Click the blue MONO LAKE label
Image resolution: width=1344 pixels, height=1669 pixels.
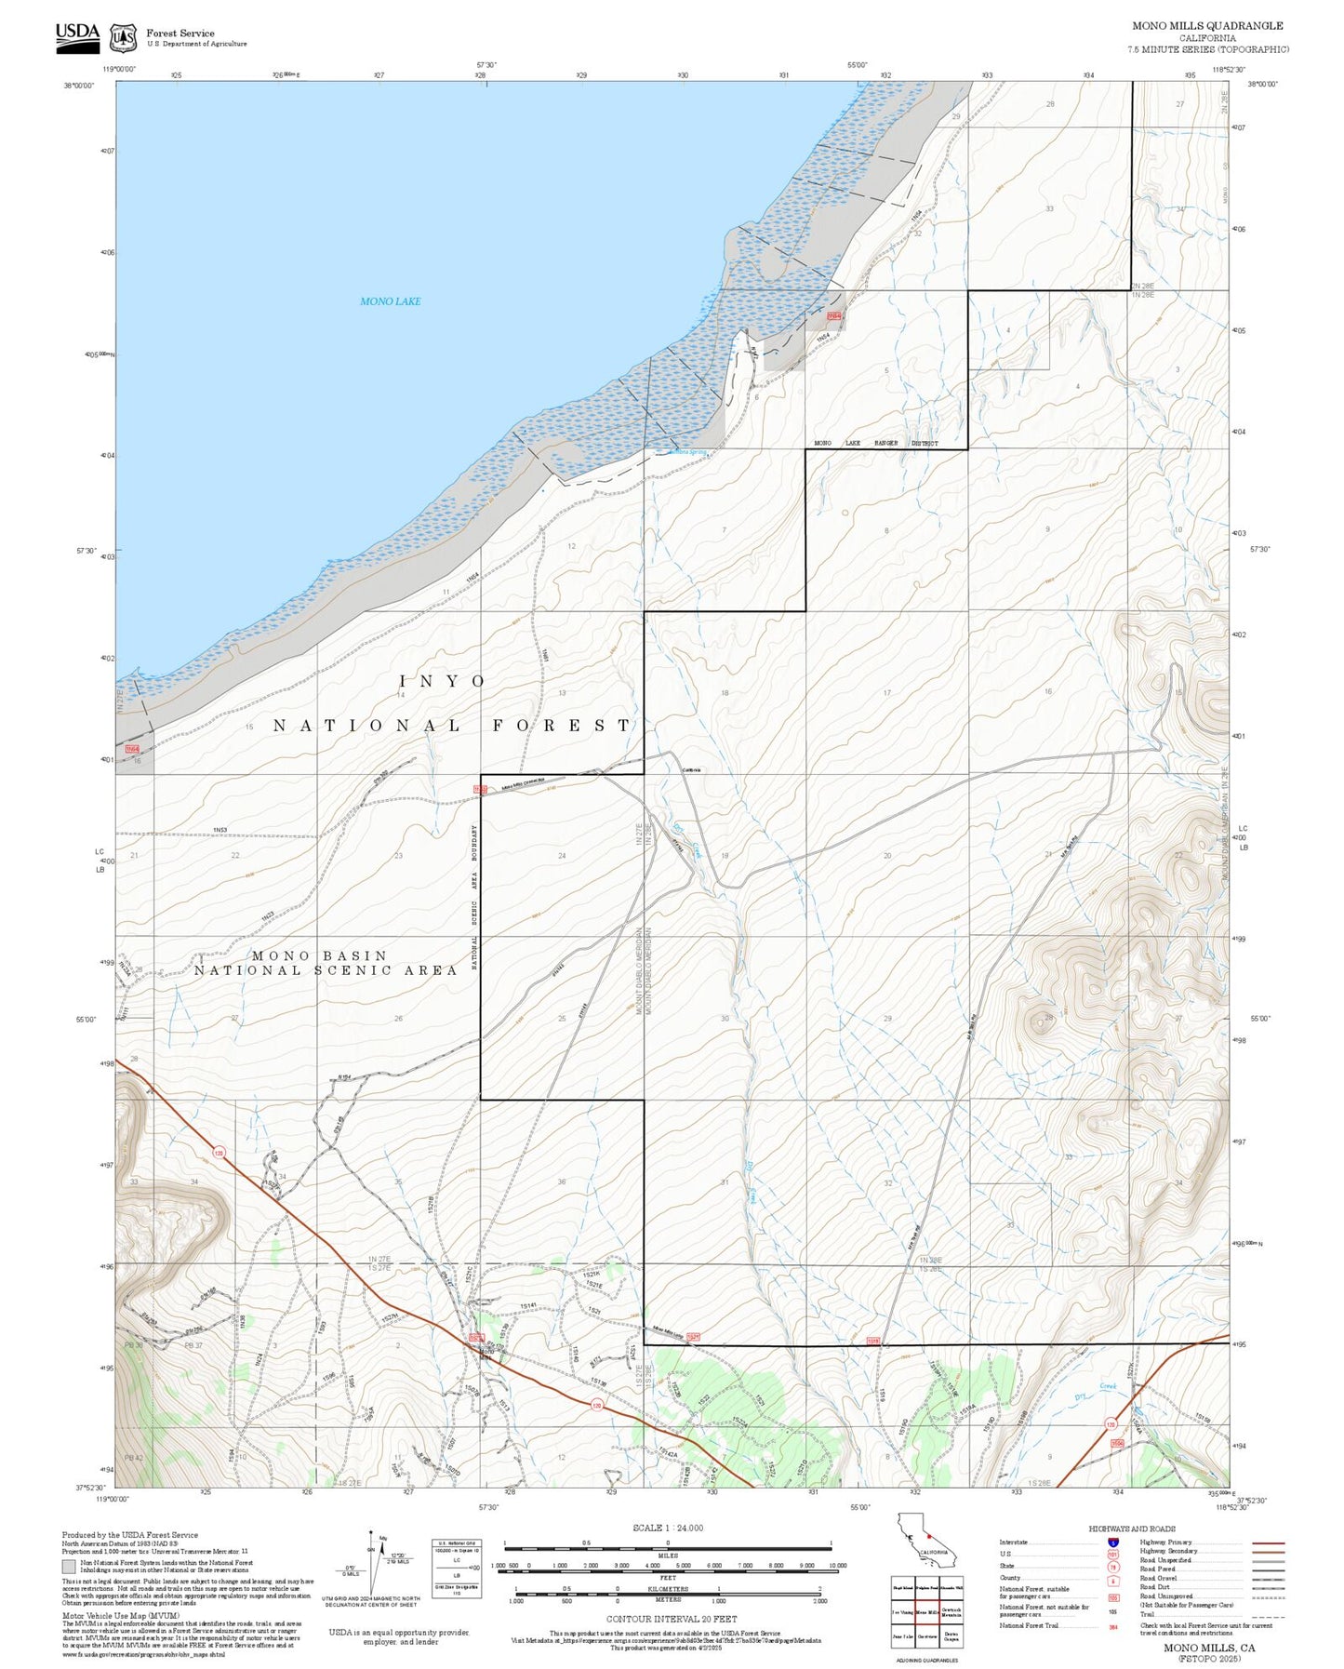pos(390,301)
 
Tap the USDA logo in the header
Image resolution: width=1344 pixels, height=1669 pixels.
pos(77,35)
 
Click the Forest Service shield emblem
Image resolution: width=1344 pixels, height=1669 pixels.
pos(122,38)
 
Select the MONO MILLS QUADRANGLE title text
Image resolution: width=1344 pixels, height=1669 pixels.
pos(1206,25)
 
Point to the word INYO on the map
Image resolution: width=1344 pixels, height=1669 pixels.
pos(442,681)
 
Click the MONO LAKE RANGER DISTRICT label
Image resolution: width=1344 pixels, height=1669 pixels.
pos(874,444)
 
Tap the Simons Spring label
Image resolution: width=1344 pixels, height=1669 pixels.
pos(687,453)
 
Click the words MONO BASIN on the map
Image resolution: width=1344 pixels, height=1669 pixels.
pos(319,955)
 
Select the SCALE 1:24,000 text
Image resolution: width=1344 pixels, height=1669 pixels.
pos(667,1528)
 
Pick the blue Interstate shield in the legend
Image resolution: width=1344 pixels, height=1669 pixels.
pos(1112,1542)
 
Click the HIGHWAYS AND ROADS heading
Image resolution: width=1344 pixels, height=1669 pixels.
pos(1131,1529)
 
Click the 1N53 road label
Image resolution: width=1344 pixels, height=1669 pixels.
pos(220,830)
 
